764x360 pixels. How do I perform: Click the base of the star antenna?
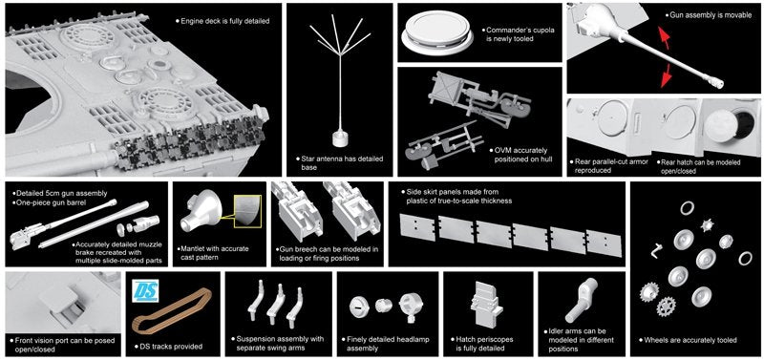[340, 138]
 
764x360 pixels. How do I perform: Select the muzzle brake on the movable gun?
[714, 83]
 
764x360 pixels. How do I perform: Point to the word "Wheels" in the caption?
[657, 340]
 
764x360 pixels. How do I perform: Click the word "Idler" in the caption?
[558, 330]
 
